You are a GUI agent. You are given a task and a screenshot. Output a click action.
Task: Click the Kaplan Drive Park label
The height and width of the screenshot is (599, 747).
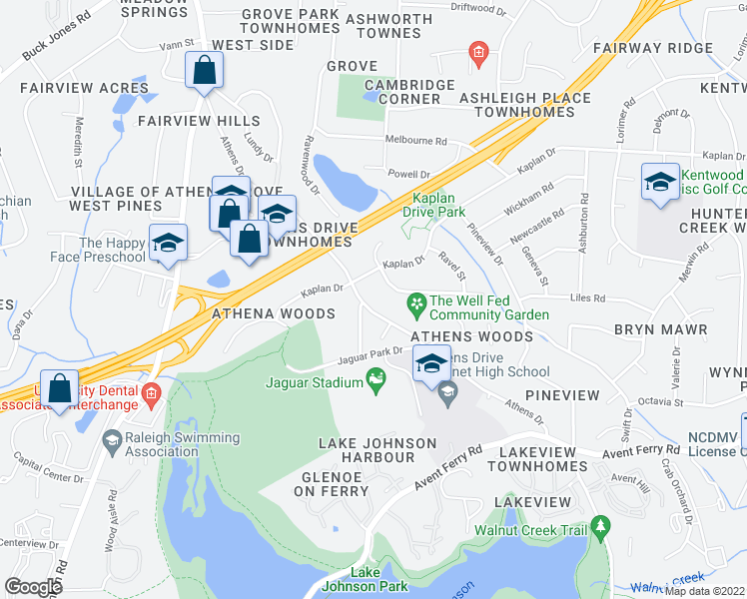(434, 205)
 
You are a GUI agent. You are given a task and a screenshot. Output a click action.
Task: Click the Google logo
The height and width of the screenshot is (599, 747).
(33, 586)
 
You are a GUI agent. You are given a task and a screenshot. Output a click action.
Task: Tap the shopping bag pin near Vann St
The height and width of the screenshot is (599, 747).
(204, 72)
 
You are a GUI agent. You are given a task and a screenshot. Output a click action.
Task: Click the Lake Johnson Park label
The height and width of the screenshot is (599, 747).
(365, 579)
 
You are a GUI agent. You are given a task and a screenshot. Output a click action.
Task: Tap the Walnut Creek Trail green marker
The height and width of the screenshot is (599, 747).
(600, 525)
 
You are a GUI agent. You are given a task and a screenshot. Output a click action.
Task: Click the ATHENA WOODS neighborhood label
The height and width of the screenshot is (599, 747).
(273, 313)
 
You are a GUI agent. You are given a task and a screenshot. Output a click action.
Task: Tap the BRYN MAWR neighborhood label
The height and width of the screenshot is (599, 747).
(660, 329)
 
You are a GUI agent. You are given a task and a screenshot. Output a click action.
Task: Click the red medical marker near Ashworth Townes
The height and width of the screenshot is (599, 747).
(478, 52)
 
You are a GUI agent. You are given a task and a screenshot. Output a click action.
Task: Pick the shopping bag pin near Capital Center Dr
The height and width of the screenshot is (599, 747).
(60, 390)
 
